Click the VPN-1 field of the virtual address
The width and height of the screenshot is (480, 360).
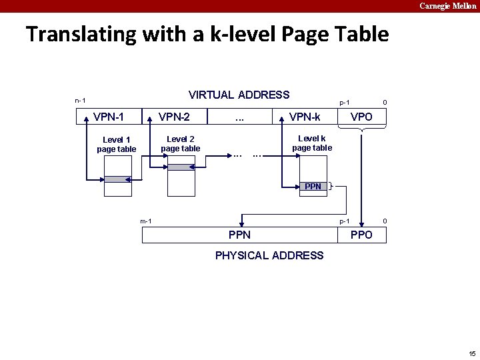(x=109, y=117)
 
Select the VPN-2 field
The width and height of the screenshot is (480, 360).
(x=174, y=117)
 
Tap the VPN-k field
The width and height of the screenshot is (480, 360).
(x=305, y=117)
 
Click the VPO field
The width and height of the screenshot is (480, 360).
(x=361, y=117)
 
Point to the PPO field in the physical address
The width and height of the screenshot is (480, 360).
(x=361, y=235)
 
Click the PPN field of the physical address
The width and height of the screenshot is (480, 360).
(x=240, y=235)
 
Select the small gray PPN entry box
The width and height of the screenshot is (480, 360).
(x=313, y=187)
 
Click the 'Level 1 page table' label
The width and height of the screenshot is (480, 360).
(x=116, y=145)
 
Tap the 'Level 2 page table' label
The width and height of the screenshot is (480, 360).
(x=180, y=144)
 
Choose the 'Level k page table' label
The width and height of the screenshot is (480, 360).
(x=312, y=143)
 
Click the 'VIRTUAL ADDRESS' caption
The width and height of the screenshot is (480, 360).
(x=239, y=95)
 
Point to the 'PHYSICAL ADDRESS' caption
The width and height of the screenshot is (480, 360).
(x=269, y=255)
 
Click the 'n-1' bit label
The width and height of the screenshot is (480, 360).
(x=80, y=101)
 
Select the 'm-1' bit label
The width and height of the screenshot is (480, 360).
(x=146, y=221)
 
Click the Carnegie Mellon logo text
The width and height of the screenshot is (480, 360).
(x=448, y=6)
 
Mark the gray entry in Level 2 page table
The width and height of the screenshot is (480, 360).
(x=181, y=167)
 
